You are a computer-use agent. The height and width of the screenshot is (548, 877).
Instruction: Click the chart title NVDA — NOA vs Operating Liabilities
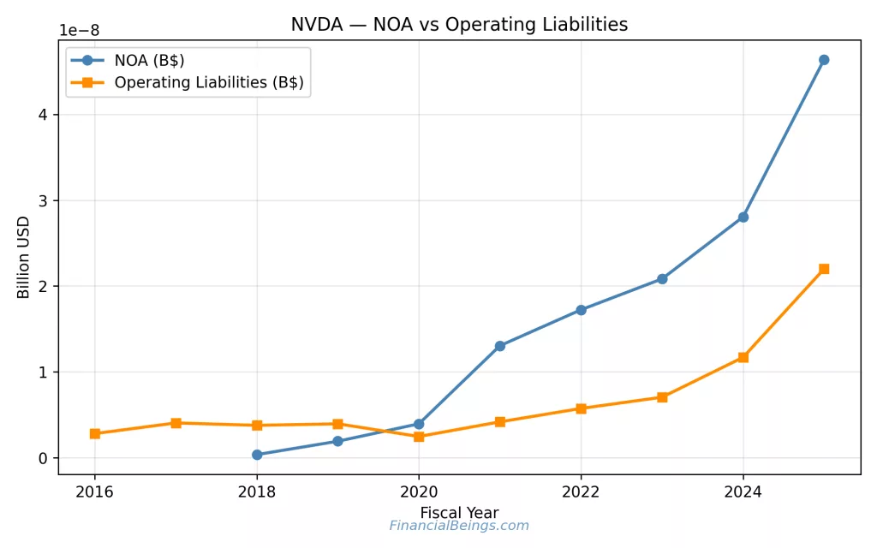point(459,25)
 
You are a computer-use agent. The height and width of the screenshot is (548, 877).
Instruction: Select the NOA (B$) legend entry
point(149,60)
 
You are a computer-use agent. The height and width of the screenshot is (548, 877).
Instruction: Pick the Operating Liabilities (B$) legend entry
point(209,83)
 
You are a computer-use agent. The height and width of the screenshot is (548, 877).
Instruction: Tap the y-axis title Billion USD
point(24,257)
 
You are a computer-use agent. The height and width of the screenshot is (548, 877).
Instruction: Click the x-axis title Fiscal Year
point(459,513)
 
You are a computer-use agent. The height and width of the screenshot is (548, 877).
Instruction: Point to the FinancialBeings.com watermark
point(459,526)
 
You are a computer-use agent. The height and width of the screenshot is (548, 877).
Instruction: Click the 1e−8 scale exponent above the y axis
point(79,31)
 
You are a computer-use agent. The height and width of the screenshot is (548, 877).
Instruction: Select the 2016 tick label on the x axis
point(94,491)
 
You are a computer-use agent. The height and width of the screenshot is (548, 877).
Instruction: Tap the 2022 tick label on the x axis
point(581,491)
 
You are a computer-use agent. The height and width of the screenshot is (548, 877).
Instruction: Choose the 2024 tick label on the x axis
point(743,491)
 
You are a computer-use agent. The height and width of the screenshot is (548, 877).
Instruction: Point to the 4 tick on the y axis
point(43,115)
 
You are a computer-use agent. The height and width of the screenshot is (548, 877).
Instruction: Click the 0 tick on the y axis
point(43,458)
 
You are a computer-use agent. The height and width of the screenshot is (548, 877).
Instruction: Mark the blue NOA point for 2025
point(824,60)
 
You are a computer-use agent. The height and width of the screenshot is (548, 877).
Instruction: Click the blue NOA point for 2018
point(257,455)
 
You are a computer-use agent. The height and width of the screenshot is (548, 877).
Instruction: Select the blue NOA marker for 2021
point(500,346)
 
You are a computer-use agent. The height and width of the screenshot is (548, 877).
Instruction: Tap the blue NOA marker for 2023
point(662,279)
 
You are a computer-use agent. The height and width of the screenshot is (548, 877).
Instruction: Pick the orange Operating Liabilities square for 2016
point(94,434)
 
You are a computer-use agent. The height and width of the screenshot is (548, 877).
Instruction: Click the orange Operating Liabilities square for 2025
point(824,269)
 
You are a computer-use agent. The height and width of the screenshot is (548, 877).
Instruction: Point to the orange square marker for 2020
point(419,437)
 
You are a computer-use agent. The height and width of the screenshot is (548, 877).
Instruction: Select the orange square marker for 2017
point(176,423)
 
